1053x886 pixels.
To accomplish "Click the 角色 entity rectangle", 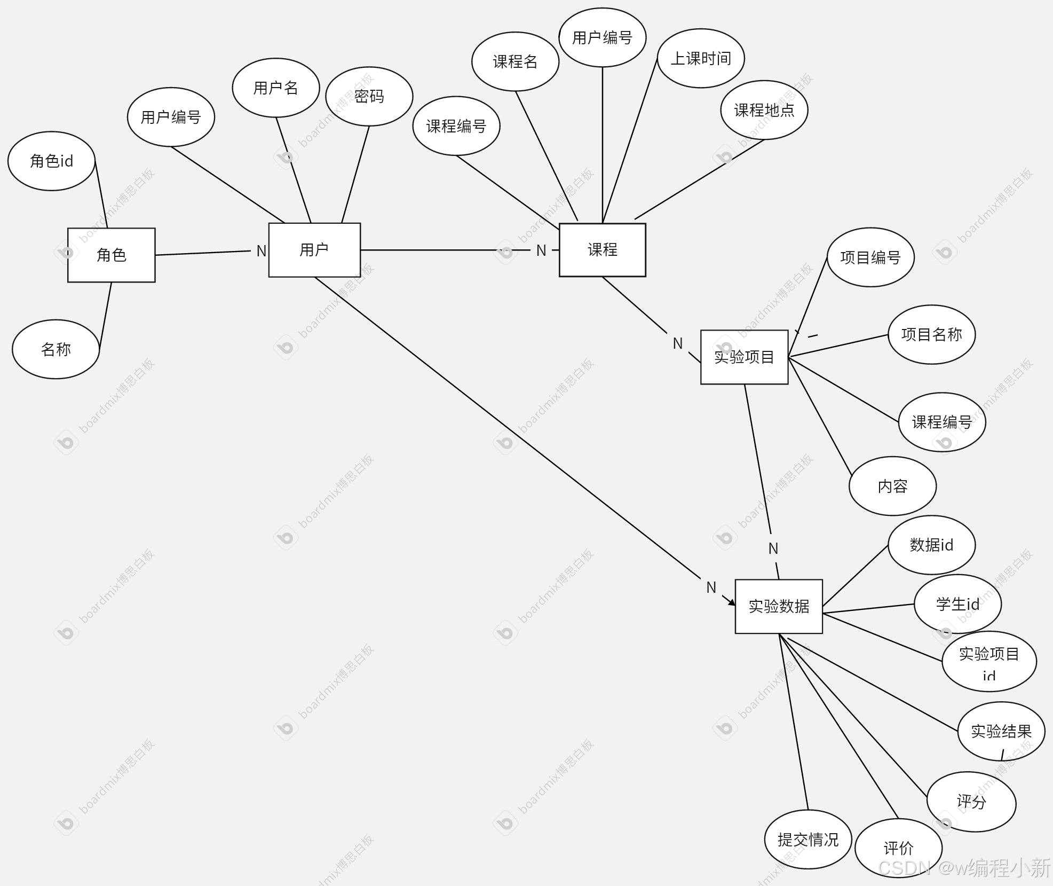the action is point(111,255).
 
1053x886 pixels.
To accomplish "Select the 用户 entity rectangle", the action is point(314,249).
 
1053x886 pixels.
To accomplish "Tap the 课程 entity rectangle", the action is point(602,249).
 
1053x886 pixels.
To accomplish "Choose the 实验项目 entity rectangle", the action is point(744,357).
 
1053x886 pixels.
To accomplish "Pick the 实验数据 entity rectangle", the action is point(779,606).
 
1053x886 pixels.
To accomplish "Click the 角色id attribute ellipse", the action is point(51,161).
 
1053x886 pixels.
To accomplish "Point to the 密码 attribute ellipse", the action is point(369,96).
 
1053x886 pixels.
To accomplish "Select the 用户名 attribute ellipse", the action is point(275,88).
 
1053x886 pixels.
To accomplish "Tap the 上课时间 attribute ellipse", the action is point(700,58).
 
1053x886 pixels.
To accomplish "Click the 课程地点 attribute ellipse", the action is point(764,110).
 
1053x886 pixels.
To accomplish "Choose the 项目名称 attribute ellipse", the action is point(931,334).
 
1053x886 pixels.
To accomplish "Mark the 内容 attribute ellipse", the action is point(892,486).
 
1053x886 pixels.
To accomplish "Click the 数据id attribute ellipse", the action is point(931,545).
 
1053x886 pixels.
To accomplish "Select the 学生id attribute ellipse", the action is point(957,604).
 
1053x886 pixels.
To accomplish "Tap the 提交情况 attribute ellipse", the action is point(807,840).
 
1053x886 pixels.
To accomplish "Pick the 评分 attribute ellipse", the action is point(971,801).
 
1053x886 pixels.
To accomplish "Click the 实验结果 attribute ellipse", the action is point(1001,731).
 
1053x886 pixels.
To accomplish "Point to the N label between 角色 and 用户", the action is point(261,251).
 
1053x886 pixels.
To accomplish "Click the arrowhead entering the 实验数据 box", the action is point(732,602).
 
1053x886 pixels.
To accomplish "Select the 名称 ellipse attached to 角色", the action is point(56,349).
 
